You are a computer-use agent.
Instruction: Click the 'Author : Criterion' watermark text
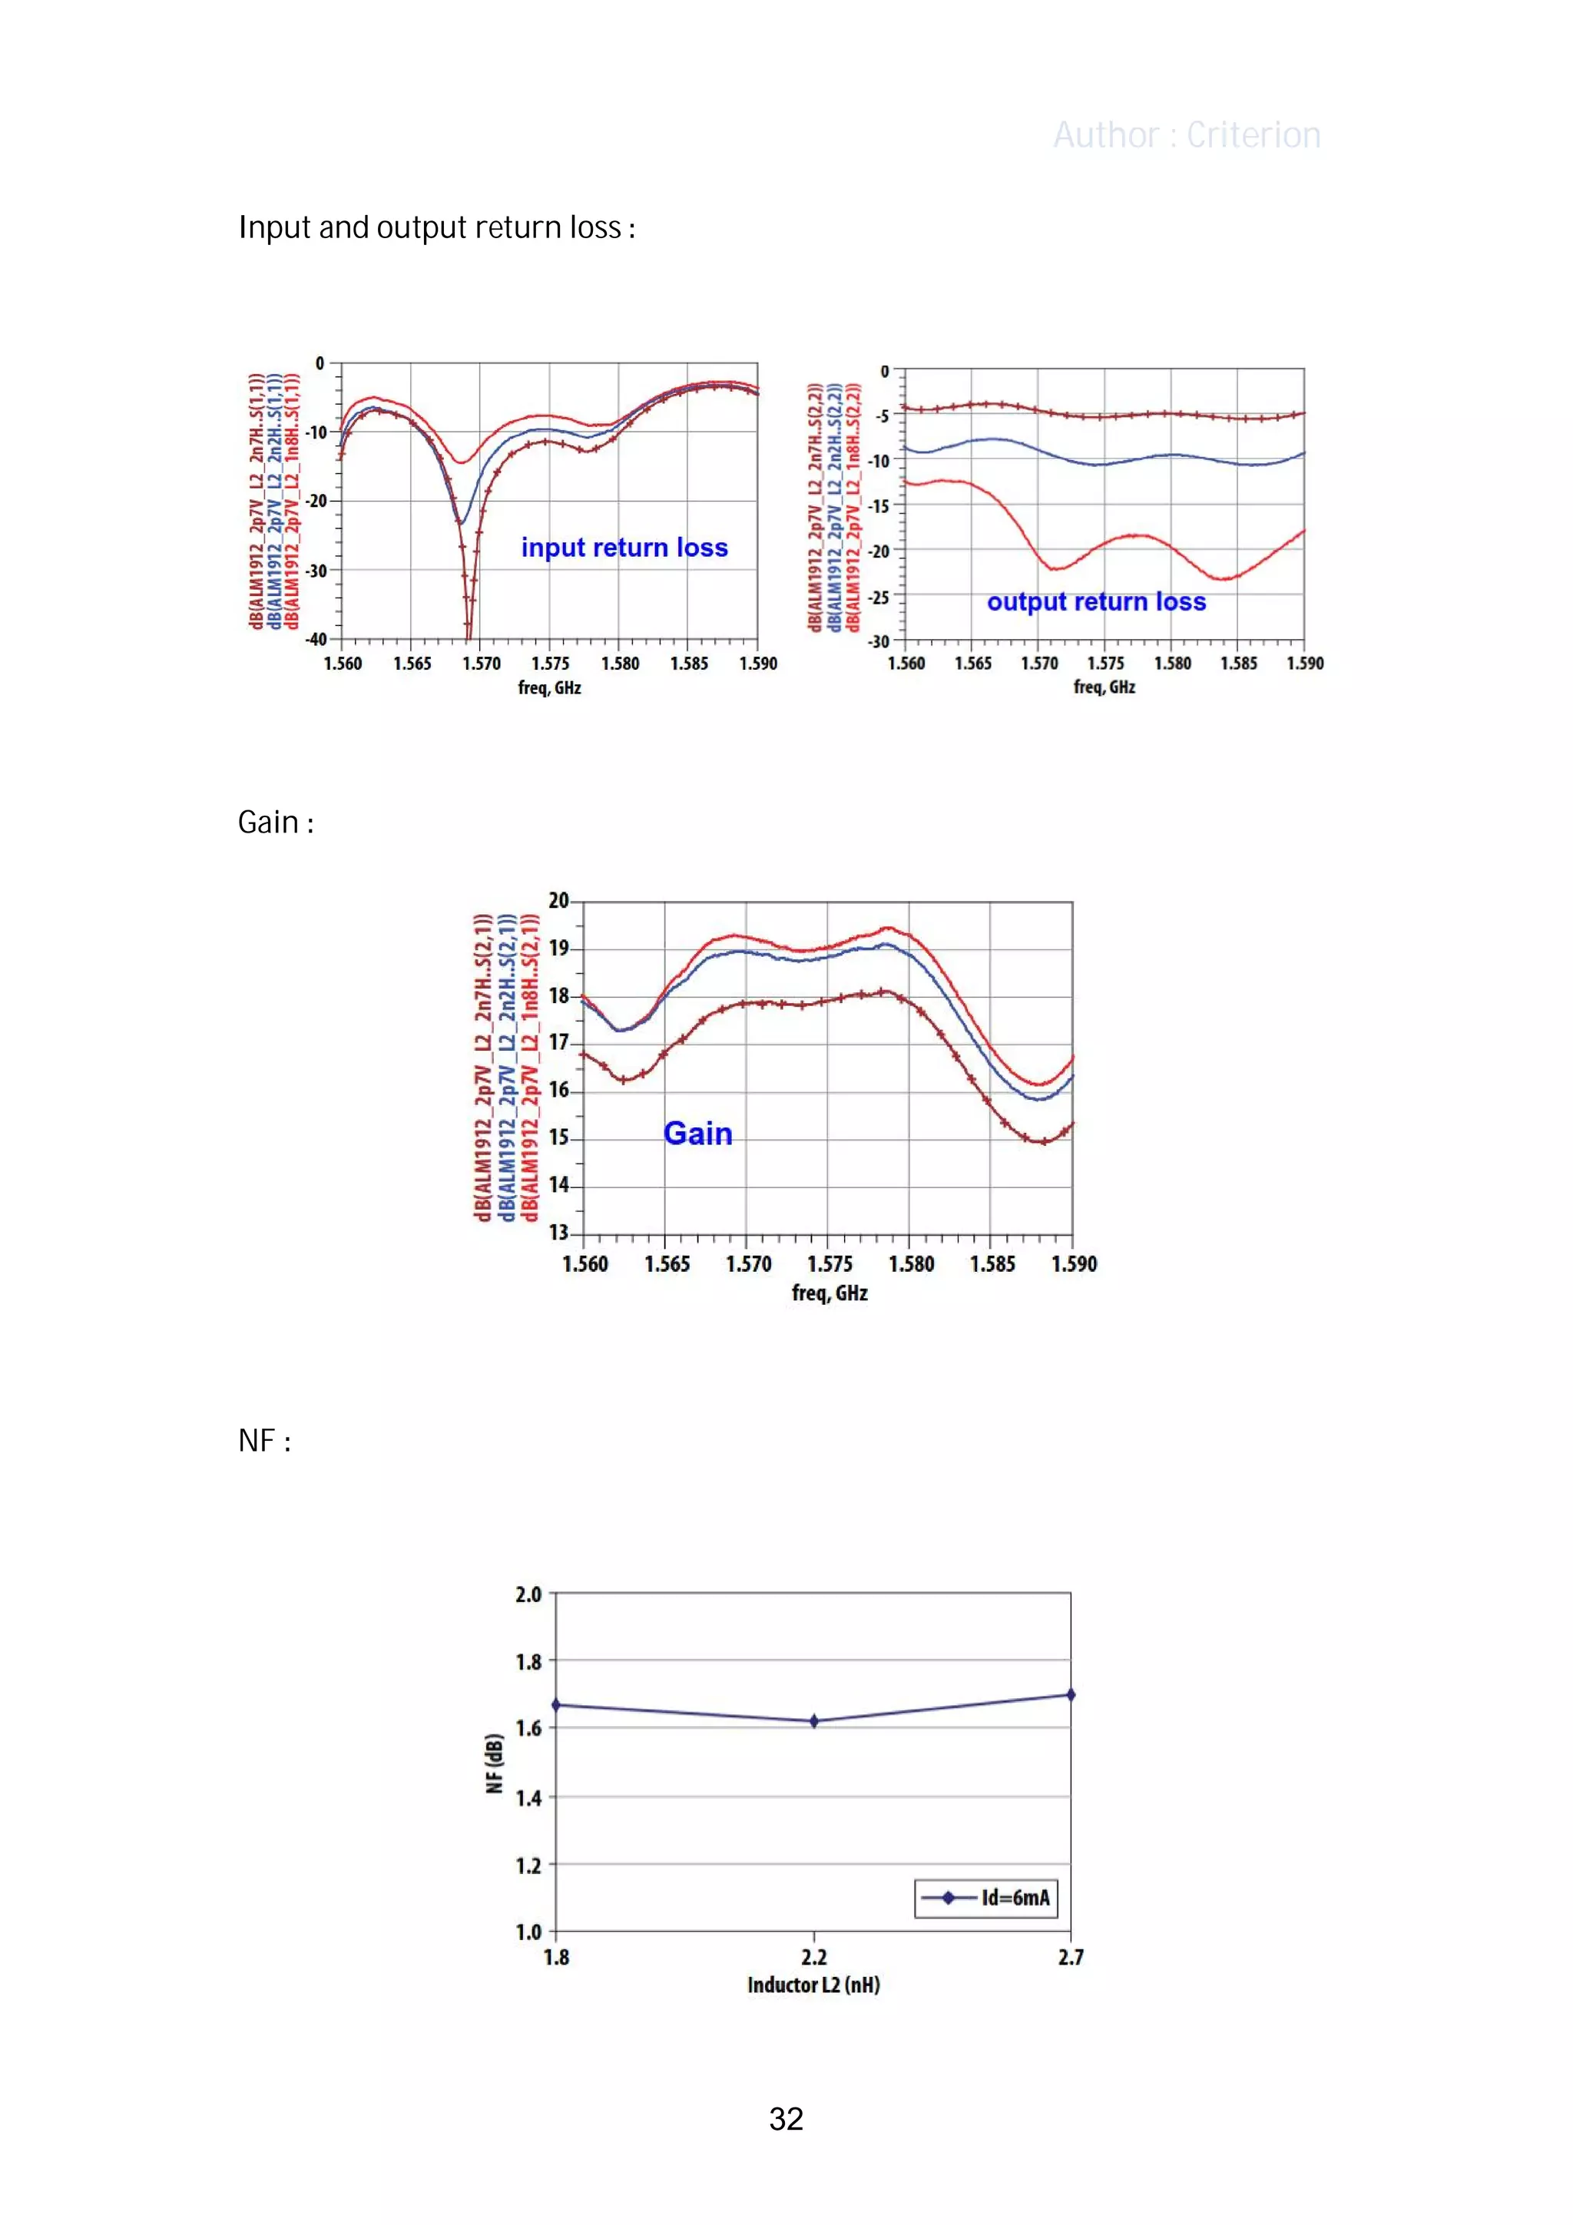click(1187, 136)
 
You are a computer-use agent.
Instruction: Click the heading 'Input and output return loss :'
click(436, 228)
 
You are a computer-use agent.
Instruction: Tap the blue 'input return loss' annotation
click(624, 548)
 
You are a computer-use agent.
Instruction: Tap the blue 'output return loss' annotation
click(1096, 602)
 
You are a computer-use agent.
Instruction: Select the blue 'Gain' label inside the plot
click(698, 1134)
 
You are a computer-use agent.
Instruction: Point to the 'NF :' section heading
click(263, 1441)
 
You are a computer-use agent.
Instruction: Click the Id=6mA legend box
click(985, 1898)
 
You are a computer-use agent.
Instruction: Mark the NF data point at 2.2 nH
click(814, 1721)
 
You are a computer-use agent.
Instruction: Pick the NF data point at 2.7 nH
click(1070, 1695)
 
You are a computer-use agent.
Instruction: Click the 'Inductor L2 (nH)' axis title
click(813, 1985)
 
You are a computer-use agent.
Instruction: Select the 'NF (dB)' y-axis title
click(495, 1763)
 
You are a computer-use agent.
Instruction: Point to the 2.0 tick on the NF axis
click(528, 1594)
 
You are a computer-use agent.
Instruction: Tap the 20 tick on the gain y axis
click(559, 900)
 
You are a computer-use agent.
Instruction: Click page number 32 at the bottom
click(786, 2119)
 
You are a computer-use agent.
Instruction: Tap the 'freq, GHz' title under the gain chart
click(830, 1293)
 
